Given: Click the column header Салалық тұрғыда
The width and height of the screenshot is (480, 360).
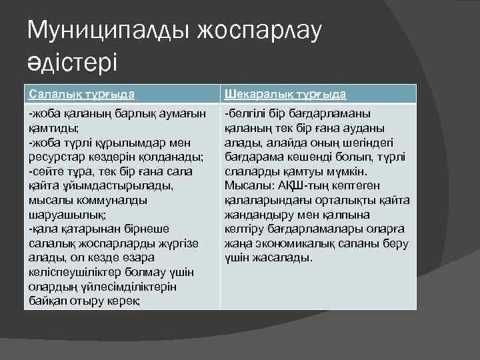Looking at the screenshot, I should point(81,94).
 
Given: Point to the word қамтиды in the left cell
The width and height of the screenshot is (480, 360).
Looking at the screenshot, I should point(53,127).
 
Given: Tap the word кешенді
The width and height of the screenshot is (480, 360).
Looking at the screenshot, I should point(301,157).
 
